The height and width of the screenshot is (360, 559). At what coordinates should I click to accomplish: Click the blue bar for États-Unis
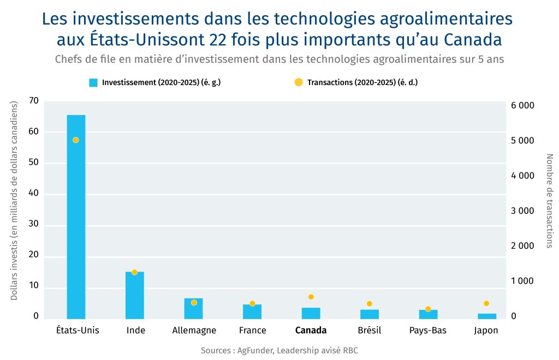(76, 218)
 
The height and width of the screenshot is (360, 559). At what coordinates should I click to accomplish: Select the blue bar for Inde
(134, 295)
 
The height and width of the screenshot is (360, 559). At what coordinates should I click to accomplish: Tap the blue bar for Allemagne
(193, 309)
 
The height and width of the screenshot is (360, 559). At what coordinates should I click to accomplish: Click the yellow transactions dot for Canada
(311, 297)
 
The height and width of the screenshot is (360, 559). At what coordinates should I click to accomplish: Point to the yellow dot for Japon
(487, 303)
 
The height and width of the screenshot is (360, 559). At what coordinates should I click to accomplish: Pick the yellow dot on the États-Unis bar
(76, 140)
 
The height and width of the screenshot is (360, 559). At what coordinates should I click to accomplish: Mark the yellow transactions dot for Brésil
(370, 304)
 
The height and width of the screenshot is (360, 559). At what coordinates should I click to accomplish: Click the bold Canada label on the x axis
(311, 331)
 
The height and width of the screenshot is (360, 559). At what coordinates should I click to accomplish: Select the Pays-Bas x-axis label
(428, 331)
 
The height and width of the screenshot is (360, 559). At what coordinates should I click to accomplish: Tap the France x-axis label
(252, 331)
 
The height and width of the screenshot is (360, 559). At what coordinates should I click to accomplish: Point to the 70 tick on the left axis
(34, 101)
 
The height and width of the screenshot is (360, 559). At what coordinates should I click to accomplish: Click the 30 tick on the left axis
(34, 225)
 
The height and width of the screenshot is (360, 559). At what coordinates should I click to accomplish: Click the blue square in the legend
(93, 83)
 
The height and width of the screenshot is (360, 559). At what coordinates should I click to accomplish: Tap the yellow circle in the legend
(298, 82)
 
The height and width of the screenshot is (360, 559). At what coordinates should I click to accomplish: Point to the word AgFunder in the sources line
(254, 350)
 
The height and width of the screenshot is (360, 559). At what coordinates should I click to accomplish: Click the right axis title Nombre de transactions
(549, 200)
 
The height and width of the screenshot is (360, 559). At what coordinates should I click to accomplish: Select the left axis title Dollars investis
(15, 200)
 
